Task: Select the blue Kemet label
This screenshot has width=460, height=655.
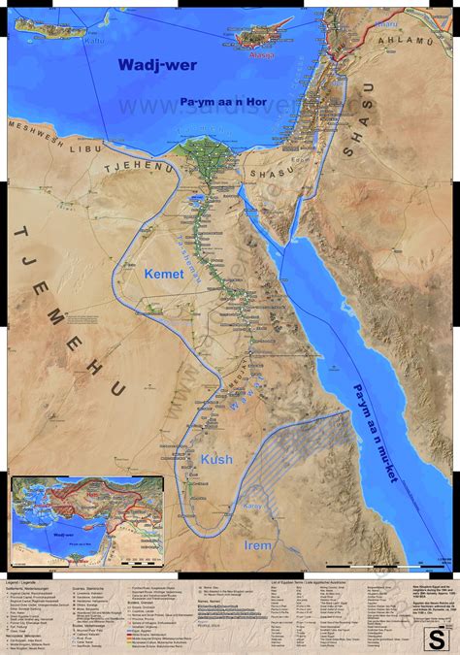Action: tap(163, 276)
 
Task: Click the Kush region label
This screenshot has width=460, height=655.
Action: tap(216, 459)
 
